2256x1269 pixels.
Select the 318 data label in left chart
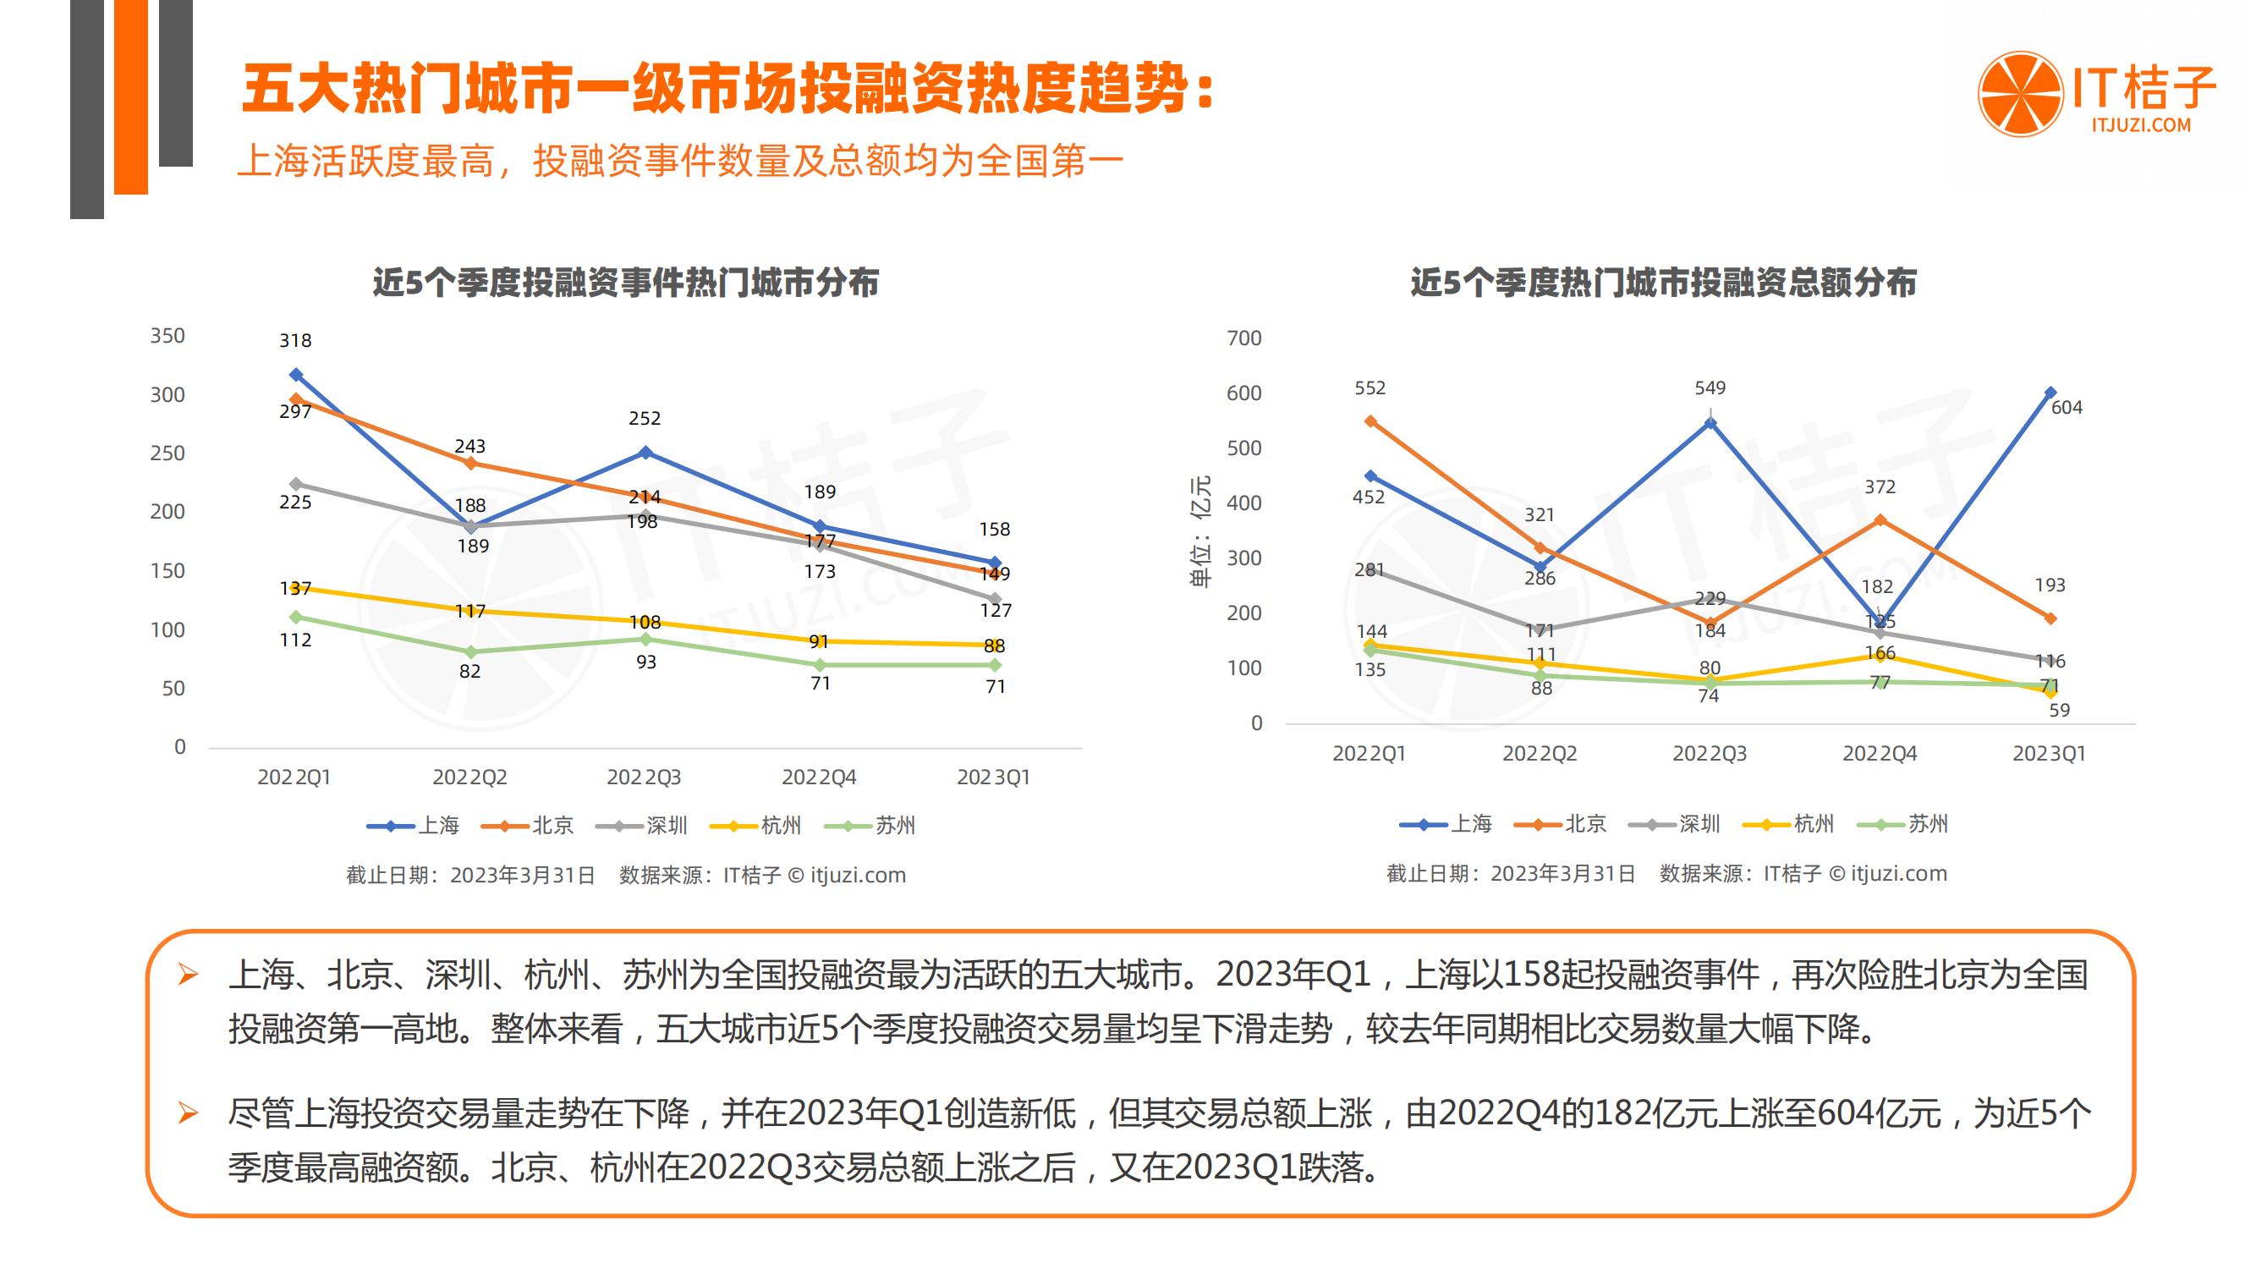pos(295,341)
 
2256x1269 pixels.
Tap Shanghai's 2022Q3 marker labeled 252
pos(645,453)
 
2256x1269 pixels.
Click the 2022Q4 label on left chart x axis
pos(819,777)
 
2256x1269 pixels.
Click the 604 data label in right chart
pos(2066,407)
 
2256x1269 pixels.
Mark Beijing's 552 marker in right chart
pos(1370,421)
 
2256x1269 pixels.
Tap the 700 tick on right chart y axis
pos(1243,338)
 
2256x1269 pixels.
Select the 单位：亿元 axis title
pos(1200,531)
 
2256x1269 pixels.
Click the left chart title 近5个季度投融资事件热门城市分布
pos(625,283)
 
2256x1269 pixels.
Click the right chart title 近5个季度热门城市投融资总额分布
pos(1663,283)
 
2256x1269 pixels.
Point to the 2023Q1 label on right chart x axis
pos(2049,754)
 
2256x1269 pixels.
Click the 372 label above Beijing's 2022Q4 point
pos(1880,487)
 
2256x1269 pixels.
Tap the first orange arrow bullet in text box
pos(188,975)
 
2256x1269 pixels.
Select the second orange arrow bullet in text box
pos(188,1113)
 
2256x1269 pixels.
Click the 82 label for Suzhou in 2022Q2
pos(469,672)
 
